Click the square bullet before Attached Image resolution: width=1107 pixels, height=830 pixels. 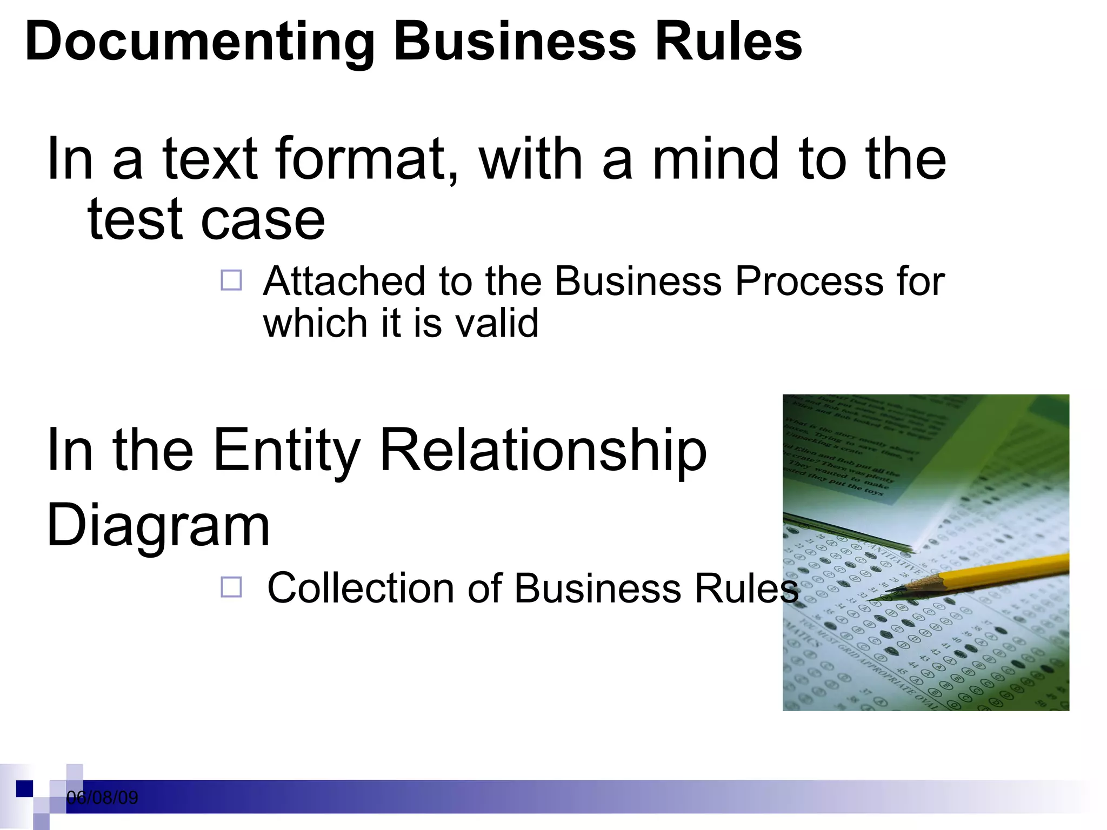point(231,280)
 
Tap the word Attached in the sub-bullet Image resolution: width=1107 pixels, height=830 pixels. point(344,282)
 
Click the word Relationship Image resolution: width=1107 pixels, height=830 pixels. point(543,452)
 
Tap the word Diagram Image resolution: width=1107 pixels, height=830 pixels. point(158,525)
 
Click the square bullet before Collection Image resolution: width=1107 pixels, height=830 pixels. point(231,587)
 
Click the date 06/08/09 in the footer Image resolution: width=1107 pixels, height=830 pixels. point(102,798)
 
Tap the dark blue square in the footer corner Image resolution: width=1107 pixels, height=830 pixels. point(24,788)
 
